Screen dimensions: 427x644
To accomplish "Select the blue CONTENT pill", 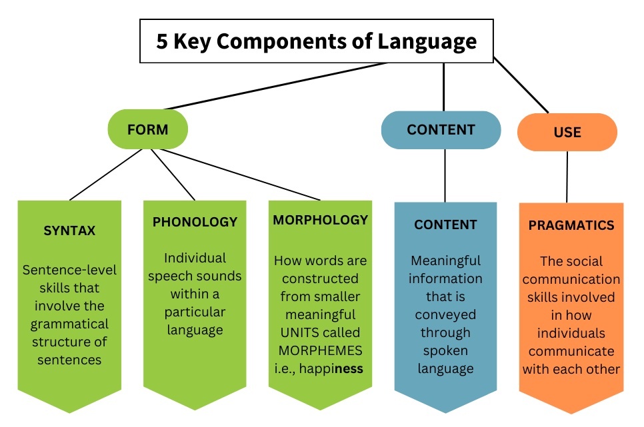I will tap(441, 129).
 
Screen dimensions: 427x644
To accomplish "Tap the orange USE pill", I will tap(567, 132).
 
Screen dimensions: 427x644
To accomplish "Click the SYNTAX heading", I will tap(69, 231).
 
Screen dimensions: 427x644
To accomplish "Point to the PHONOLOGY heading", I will tap(195, 222).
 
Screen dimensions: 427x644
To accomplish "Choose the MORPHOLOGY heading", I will tap(320, 220).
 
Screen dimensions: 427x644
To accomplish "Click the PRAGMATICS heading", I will tap(571, 225).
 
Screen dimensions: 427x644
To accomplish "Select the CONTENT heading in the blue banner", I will tap(445, 224).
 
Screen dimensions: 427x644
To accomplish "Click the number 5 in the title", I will tap(162, 41).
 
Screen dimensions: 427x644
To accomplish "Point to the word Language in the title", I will tap(427, 41).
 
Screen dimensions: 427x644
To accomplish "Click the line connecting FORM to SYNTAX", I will tap(107, 174).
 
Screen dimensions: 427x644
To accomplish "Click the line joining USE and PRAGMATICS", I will tap(567, 177).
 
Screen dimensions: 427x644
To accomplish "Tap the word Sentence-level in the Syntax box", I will tap(69, 270).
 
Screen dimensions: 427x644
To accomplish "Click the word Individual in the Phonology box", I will tap(195, 258).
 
